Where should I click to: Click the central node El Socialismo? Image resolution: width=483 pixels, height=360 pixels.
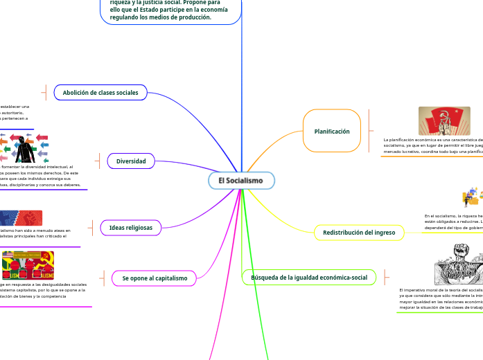click(x=241, y=181)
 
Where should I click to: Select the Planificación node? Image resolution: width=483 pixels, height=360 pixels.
click(x=332, y=131)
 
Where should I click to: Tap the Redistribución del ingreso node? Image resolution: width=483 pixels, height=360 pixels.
click(x=359, y=233)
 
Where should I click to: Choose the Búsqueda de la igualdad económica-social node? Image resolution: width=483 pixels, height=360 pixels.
click(x=309, y=278)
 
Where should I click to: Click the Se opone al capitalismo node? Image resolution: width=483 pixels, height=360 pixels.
click(x=155, y=278)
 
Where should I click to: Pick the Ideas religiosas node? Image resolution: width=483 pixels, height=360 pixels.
click(x=131, y=227)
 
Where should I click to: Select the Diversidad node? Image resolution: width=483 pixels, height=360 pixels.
click(x=131, y=161)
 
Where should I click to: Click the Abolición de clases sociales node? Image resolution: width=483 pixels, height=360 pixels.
click(x=100, y=92)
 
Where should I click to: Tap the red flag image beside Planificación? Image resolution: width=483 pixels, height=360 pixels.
click(x=444, y=121)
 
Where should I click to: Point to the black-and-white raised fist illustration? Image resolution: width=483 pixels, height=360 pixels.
click(x=458, y=264)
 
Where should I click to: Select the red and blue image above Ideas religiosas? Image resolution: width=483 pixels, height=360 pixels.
click(x=21, y=217)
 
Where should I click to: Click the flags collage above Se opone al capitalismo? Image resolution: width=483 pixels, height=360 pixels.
click(x=28, y=265)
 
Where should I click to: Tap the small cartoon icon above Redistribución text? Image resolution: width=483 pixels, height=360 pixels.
click(x=472, y=197)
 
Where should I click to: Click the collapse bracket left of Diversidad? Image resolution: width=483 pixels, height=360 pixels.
click(x=99, y=161)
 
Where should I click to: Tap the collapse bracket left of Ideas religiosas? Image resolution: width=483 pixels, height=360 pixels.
click(x=91, y=227)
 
